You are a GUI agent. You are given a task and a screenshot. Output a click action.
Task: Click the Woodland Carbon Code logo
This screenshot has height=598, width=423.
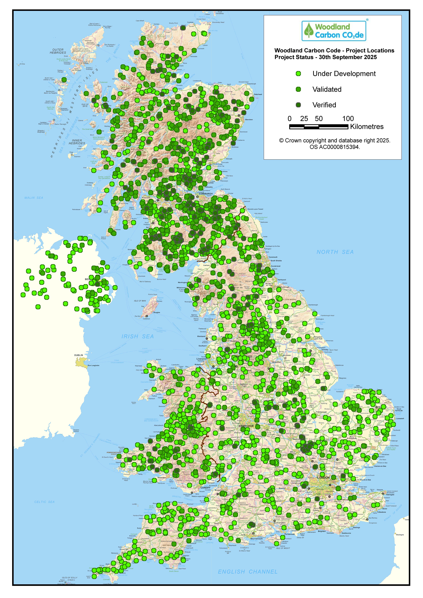pyautogui.click(x=334, y=31)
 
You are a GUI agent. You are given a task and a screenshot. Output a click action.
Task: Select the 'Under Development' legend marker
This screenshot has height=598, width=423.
pyautogui.click(x=298, y=74)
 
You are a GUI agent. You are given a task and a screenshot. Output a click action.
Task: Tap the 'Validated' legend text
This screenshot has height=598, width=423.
pyautogui.click(x=327, y=89)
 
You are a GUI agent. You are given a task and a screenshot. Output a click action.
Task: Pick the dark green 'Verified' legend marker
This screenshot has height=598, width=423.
pyautogui.click(x=298, y=105)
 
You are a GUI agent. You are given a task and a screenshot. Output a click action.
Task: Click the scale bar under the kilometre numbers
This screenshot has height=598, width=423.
pyautogui.click(x=319, y=127)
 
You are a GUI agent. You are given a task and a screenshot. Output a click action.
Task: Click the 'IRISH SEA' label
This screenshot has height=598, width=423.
pyautogui.click(x=138, y=336)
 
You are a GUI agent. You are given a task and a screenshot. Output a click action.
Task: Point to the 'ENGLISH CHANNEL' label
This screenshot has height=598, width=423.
pyautogui.click(x=247, y=572)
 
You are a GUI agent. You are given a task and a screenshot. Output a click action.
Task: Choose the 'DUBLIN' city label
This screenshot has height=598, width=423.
pyautogui.click(x=79, y=355)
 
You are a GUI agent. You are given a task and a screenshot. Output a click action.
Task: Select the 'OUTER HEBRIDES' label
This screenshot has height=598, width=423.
pyautogui.click(x=58, y=51)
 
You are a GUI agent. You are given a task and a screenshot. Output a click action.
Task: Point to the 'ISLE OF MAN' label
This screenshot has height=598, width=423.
pyautogui.click(x=140, y=301)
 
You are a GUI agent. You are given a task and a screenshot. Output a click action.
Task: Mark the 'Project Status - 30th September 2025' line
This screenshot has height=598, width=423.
pyautogui.click(x=326, y=57)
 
